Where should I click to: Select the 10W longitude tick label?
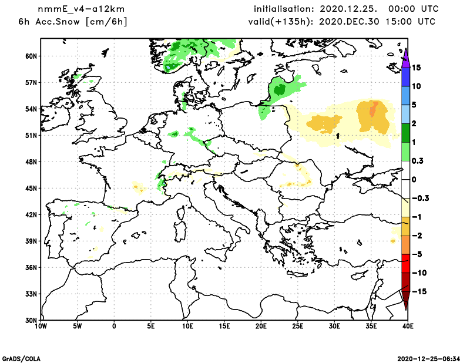41,325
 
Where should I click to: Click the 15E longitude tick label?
224,325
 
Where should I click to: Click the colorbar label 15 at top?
416,68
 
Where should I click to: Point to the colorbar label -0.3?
419,198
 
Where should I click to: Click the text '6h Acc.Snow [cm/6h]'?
73,22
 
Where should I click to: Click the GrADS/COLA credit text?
22,358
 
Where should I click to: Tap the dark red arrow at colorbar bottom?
405,301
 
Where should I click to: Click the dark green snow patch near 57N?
278,89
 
